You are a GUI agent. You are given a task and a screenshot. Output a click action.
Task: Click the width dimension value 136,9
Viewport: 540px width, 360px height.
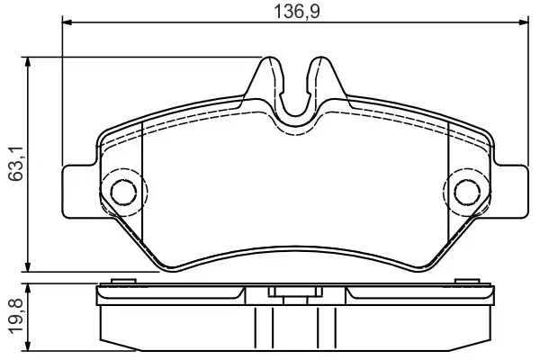(294, 12)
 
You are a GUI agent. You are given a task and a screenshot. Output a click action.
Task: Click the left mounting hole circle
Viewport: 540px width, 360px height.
(121, 190)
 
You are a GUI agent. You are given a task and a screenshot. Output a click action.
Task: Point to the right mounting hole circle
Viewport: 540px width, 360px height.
(467, 190)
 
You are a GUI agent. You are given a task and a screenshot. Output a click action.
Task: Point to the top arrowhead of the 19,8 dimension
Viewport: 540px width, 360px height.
(31, 288)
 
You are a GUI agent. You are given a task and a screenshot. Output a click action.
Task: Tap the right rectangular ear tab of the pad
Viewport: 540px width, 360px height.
(509, 191)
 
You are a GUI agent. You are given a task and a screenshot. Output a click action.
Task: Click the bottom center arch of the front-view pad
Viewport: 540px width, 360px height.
(294, 247)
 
